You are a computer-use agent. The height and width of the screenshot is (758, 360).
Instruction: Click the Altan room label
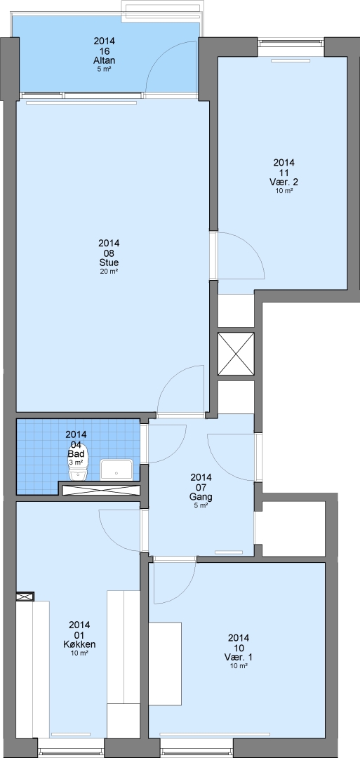click(x=105, y=61)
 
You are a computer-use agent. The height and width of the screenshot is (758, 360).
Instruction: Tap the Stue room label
click(x=109, y=262)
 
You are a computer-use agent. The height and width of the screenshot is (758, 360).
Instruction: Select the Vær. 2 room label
click(x=284, y=182)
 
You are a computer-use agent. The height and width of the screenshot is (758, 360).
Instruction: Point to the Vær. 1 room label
click(x=239, y=658)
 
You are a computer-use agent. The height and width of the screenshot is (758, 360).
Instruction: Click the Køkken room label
click(x=79, y=644)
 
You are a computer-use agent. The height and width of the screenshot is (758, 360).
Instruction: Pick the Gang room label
click(x=201, y=497)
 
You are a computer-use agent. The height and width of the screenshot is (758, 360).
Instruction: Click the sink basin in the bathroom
click(x=116, y=470)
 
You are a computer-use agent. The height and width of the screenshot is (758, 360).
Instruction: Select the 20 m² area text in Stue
click(x=109, y=271)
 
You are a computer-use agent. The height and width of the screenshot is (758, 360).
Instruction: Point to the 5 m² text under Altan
click(x=105, y=69)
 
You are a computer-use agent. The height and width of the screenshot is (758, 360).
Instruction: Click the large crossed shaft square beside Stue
click(x=236, y=354)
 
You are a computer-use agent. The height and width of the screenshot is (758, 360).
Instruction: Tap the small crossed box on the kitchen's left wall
click(x=25, y=597)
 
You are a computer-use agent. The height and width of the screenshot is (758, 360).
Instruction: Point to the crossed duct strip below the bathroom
click(x=100, y=490)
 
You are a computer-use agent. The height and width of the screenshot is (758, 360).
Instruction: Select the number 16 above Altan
click(x=105, y=51)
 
